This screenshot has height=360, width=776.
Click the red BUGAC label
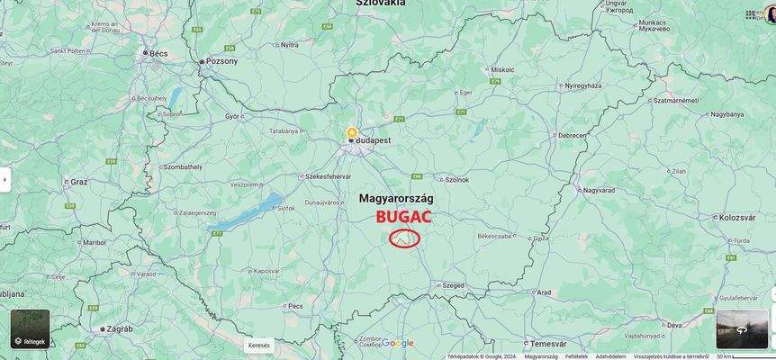pos(403,217)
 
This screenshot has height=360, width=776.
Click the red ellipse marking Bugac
pos(405,238)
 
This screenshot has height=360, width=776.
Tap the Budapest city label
pos(373,141)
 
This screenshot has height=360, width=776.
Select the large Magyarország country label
pos(396,197)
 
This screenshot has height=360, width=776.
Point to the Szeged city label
pos(453,285)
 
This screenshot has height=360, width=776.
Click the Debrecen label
pos(573,136)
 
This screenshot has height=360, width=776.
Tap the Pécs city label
pos(295,306)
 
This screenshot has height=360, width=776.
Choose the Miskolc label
pos(502,69)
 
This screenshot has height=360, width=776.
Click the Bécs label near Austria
pos(158,54)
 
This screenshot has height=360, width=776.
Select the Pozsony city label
pos(222,61)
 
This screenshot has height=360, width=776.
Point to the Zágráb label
pos(119,329)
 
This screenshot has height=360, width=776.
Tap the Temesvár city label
pos(548,344)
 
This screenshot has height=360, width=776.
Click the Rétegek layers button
pos(30,329)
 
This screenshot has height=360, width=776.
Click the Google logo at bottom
pos(398,343)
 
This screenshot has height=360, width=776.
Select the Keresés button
pos(258,345)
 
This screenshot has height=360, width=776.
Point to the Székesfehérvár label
pos(328,176)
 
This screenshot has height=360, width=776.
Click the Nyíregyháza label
pos(582,85)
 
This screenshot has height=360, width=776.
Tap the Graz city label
pos(78,182)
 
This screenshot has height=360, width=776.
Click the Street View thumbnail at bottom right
pos(742,329)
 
